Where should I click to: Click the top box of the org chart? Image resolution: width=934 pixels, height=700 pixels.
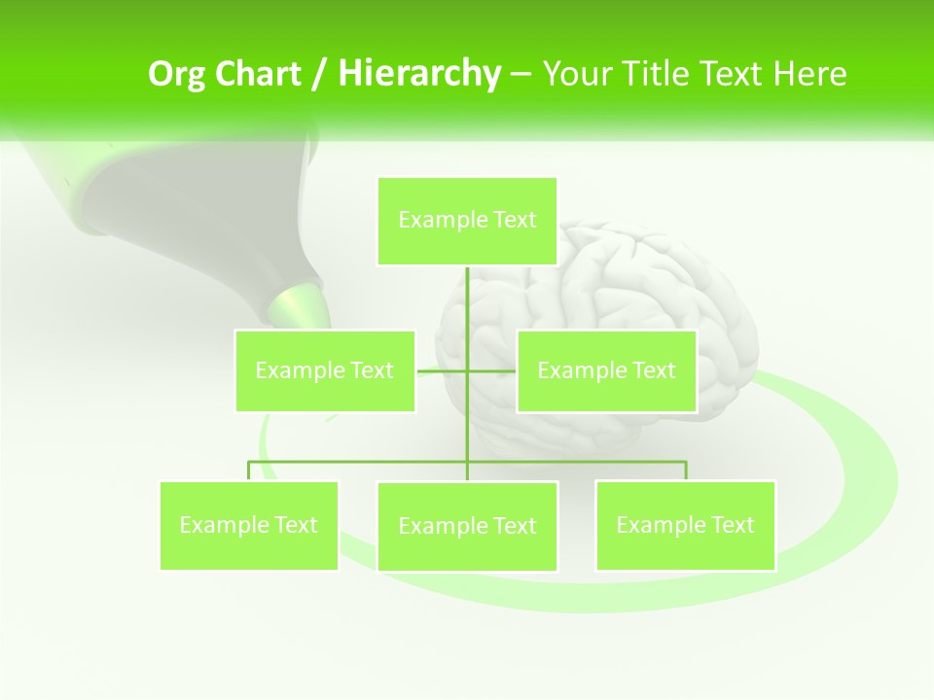click(467, 221)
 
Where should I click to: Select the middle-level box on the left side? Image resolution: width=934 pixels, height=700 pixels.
click(325, 370)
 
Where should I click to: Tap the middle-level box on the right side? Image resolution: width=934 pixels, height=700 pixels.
click(606, 370)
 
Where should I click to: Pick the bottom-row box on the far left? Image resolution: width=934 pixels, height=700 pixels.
click(249, 525)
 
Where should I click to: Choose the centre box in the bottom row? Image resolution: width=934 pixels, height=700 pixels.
click(467, 526)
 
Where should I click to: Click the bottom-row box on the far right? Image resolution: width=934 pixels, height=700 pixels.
click(685, 525)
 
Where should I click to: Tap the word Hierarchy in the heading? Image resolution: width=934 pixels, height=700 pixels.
click(418, 74)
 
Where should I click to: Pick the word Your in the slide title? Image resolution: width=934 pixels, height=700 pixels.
click(576, 74)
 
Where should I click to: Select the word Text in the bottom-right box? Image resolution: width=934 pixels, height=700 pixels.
click(731, 525)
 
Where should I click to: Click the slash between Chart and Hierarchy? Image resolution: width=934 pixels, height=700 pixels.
click(319, 74)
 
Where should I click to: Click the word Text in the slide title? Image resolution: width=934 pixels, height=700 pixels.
click(732, 74)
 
